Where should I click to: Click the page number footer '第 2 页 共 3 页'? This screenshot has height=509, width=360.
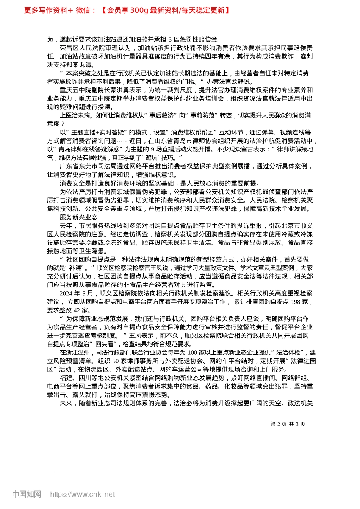(x=288, y=424)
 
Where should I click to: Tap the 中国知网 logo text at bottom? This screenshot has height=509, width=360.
(x=27, y=494)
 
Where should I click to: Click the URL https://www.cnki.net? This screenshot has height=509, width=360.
(x=83, y=494)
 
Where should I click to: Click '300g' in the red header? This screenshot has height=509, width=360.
(x=139, y=10)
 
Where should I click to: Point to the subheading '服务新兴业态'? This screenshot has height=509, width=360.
(x=78, y=217)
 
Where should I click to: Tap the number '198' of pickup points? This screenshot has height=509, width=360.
(x=296, y=302)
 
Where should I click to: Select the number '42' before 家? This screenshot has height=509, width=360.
(x=77, y=310)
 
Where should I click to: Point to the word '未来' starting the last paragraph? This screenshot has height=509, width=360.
(x=66, y=403)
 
